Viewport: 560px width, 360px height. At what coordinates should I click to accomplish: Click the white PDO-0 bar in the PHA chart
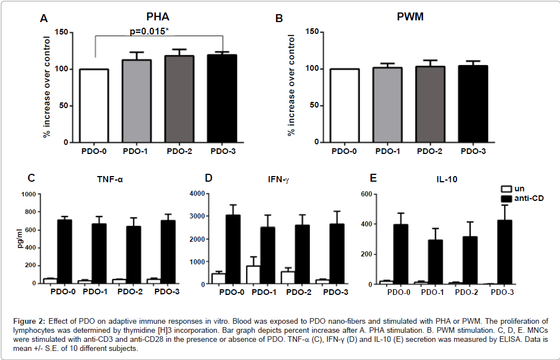tap(94, 105)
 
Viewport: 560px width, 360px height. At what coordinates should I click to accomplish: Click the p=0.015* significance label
tap(149, 31)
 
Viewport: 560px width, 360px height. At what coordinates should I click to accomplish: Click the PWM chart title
tap(409, 18)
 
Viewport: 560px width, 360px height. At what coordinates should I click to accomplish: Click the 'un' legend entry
tap(518, 188)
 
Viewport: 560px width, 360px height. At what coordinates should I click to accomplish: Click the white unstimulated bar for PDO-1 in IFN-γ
tap(253, 275)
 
